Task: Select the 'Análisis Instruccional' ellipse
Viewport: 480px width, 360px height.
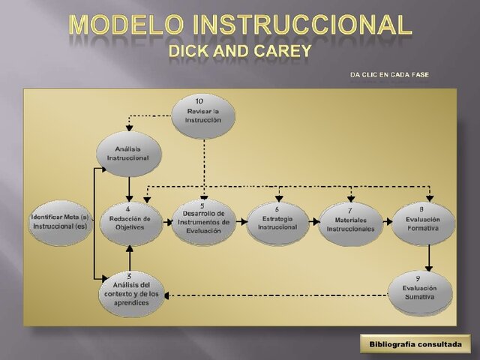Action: click(128, 154)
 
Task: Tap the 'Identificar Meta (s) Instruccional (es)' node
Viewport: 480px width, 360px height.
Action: click(60, 222)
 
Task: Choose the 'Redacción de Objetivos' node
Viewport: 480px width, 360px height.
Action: click(130, 223)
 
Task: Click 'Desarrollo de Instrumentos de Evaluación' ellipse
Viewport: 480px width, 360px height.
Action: click(204, 222)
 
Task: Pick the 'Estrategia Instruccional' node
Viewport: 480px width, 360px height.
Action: click(277, 223)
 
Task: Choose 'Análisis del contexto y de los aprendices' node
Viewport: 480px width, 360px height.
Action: click(130, 293)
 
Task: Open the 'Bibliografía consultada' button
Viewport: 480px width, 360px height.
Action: click(415, 344)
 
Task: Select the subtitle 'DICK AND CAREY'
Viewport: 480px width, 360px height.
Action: click(239, 52)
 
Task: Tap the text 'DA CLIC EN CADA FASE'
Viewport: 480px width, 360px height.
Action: click(389, 75)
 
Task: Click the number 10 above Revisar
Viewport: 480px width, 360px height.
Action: click(199, 100)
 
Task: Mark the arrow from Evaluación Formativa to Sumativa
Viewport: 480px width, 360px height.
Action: click(429, 258)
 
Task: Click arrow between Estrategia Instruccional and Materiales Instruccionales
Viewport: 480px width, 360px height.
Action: click(313, 223)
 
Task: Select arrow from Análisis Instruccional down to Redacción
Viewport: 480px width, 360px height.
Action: click(130, 187)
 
